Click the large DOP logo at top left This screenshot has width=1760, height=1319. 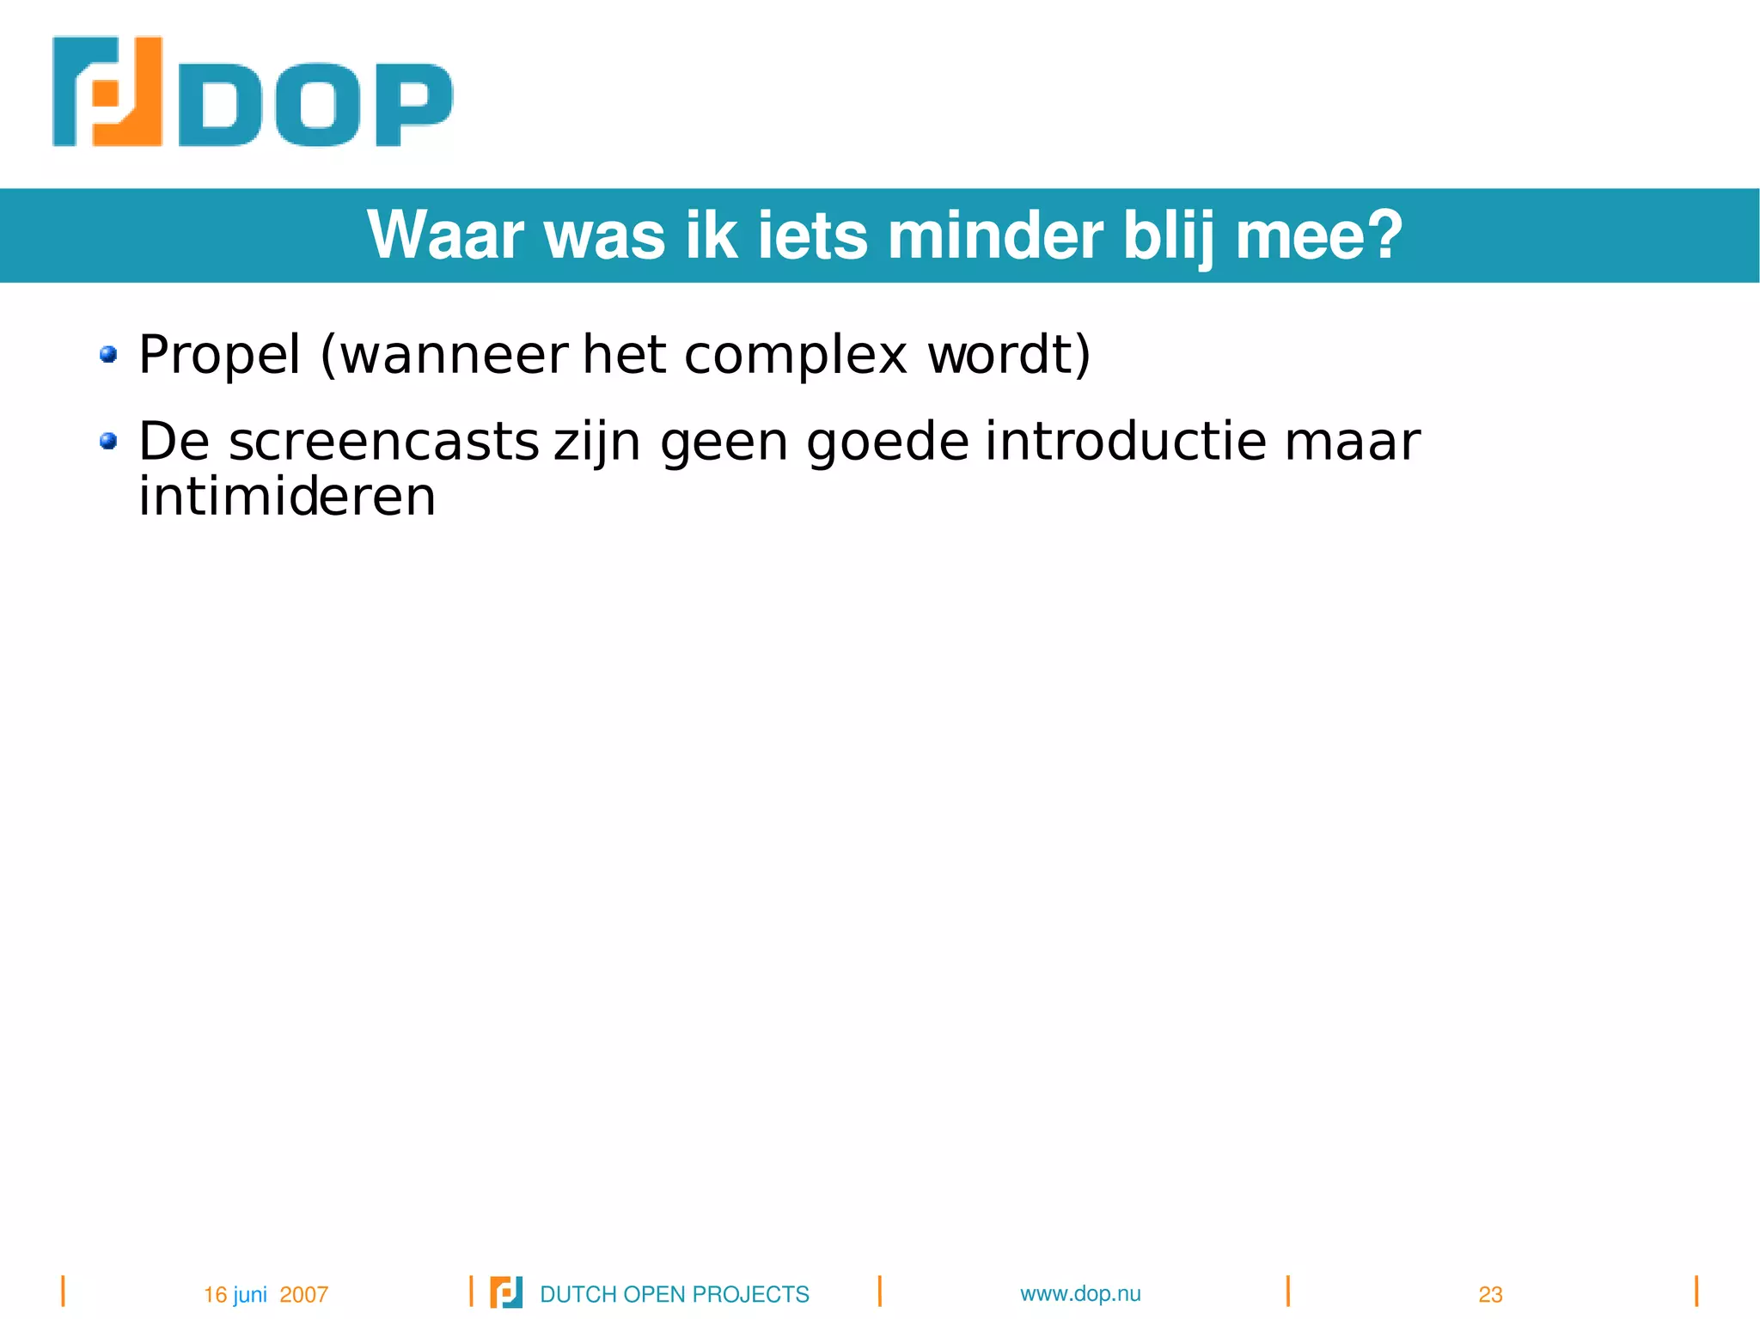252,93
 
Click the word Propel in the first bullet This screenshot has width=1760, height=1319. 220,355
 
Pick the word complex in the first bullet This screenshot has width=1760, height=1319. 795,355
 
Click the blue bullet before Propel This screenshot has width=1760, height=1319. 108,354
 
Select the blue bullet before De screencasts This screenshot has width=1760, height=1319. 108,441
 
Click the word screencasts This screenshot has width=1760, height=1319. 383,442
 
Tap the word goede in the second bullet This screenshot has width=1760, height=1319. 888,442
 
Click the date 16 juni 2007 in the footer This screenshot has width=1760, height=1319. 266,1294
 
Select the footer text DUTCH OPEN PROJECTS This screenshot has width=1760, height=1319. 675,1294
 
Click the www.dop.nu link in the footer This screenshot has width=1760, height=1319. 1080,1293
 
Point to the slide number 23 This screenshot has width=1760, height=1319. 1490,1294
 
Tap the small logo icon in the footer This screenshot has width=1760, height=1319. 505,1292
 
